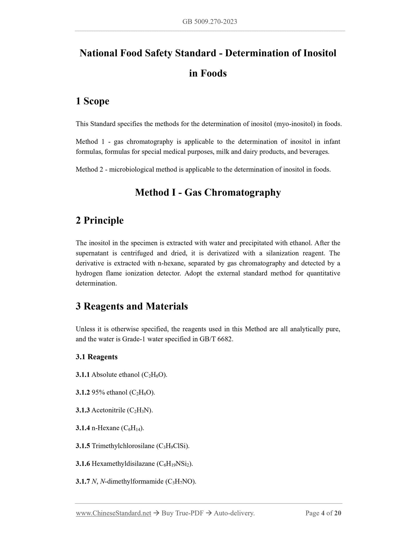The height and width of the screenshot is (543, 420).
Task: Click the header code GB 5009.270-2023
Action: [210, 21]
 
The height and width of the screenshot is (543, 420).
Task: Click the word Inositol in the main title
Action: [320, 53]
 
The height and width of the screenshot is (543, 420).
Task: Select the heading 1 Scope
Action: [92, 101]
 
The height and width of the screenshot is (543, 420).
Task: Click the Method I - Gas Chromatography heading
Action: [208, 193]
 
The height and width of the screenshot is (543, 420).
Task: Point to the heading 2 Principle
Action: [100, 220]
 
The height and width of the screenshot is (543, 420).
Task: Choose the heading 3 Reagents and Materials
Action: [132, 306]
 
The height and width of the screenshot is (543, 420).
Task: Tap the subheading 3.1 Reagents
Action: [96, 357]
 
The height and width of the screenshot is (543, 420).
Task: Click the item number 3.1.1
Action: [83, 375]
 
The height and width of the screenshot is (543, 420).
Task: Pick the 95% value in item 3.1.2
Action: [98, 393]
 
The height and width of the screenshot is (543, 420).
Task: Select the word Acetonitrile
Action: [108, 410]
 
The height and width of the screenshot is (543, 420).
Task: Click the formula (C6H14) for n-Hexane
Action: [132, 428]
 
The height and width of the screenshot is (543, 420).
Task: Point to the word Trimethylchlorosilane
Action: [123, 446]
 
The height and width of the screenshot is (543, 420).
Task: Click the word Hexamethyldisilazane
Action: [123, 464]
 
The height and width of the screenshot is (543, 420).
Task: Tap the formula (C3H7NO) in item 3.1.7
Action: [180, 482]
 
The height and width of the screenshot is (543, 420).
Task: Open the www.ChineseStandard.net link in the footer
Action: [113, 513]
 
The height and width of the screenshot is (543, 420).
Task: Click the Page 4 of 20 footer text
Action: [323, 513]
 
